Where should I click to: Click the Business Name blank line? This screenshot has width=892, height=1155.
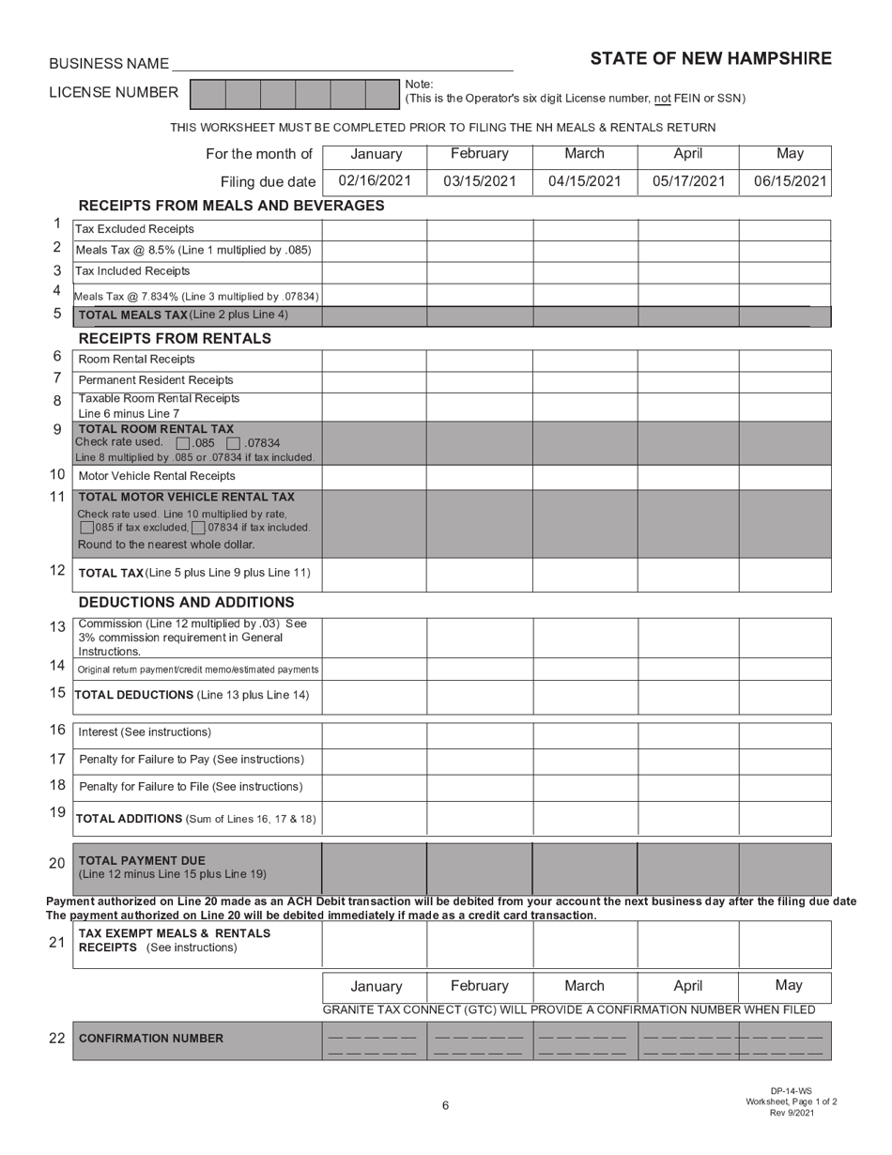342,64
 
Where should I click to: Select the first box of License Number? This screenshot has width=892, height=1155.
208,94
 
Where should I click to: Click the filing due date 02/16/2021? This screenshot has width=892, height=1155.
375,181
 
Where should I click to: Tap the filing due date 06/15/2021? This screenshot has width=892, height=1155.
790,181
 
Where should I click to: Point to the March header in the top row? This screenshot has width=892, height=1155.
584,154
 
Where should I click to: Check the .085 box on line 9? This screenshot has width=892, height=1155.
183,443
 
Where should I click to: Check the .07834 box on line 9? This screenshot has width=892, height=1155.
234,443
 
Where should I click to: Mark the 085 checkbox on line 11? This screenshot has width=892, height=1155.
87,528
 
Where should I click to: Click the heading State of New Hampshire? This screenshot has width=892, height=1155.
710,59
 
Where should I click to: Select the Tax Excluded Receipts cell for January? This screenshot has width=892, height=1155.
375,229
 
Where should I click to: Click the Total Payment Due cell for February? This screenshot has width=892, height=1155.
480,868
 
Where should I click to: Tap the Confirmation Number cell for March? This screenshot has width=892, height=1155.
585,1039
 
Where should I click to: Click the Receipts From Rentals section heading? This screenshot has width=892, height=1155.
175,338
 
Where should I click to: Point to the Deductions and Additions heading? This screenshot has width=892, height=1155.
186,602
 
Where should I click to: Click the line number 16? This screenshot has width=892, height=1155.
57,730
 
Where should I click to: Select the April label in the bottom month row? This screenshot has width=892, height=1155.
687,986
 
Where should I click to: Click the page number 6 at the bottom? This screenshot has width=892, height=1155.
445,1105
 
